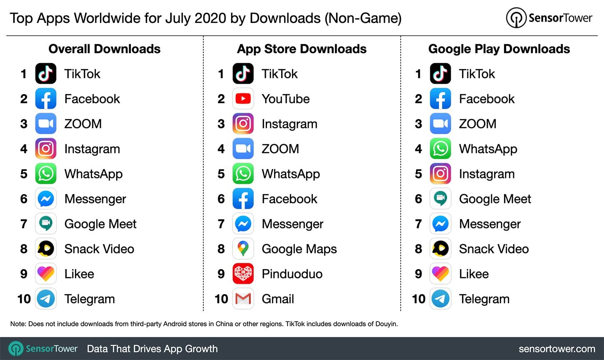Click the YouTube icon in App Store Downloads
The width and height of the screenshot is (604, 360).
tap(243, 99)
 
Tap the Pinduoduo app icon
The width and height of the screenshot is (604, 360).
tap(243, 274)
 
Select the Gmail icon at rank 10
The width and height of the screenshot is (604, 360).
tap(243, 299)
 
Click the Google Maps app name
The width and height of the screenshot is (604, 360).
tap(299, 249)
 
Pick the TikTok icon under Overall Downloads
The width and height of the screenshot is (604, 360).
tap(45, 74)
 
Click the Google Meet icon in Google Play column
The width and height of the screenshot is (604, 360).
tap(440, 199)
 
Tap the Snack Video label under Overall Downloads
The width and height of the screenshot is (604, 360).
tap(99, 249)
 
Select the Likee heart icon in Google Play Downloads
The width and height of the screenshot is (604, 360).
tap(440, 274)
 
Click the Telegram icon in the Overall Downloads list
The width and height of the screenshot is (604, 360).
tap(45, 299)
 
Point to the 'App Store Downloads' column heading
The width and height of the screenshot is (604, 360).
tap(302, 49)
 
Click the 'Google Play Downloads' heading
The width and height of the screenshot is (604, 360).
tap(499, 49)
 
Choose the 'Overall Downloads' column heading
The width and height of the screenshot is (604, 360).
tap(105, 49)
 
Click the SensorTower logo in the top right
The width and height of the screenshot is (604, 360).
tap(549, 18)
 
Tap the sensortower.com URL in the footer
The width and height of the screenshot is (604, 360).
tap(557, 349)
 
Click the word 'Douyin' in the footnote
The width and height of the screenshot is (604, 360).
tap(385, 324)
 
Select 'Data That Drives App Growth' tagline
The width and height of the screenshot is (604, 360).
tap(152, 349)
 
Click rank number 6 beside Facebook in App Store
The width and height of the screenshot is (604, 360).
tap(221, 199)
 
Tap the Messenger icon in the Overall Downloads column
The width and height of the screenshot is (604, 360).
tap(45, 199)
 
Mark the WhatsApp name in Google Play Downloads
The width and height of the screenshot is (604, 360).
tap(488, 149)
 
